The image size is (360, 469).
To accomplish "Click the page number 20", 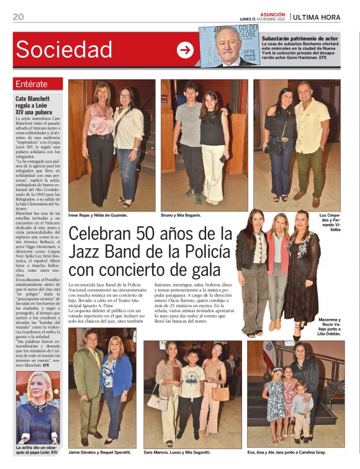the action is pyautogui.click(x=18, y=17).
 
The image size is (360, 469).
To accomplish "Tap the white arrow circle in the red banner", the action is pyautogui.click(x=185, y=50).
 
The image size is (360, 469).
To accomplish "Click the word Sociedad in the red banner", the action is pyautogui.click(x=64, y=50).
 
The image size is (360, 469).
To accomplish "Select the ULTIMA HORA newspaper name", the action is pyautogui.click(x=325, y=17).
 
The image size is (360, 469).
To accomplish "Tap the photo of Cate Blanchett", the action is pyautogui.click(x=37, y=407).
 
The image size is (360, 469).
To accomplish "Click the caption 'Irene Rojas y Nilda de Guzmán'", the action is pyautogui.click(x=98, y=215).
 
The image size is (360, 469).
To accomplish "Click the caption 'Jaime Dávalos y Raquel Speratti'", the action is pyautogui.click(x=101, y=453).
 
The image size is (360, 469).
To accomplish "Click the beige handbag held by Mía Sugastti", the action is pyautogui.click(x=220, y=393).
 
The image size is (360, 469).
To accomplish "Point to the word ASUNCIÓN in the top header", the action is pyautogui.click(x=272, y=14).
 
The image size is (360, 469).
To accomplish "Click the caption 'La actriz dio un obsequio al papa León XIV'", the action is pyautogui.click(x=37, y=450).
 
